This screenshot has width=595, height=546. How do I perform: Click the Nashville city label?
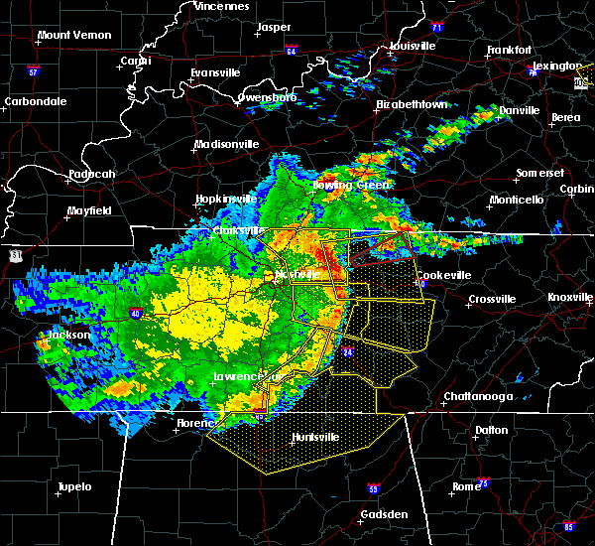pyautogui.click(x=299, y=273)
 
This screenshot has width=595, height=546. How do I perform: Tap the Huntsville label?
pyautogui.click(x=314, y=437)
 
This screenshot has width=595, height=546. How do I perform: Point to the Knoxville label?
pyautogui.click(x=570, y=297)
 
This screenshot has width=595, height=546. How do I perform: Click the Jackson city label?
pyautogui.click(x=69, y=335)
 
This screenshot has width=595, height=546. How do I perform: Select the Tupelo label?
pyautogui.click(x=72, y=486)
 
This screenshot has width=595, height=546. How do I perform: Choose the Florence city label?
pyautogui.click(x=194, y=423)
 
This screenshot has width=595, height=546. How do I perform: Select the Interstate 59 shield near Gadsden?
pyautogui.click(x=373, y=489)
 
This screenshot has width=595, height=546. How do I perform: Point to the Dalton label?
pyautogui.click(x=490, y=430)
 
